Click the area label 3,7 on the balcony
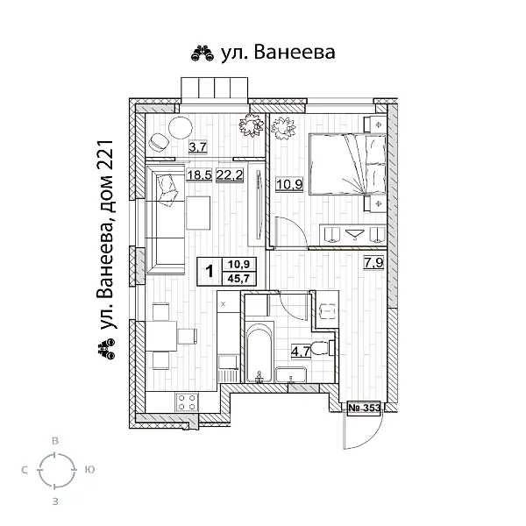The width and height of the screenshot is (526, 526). [x=197, y=147]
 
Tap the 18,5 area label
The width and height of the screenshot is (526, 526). [x=199, y=174]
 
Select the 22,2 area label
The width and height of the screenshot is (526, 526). [x=229, y=174]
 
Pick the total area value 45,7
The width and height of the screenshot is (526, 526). [x=237, y=278]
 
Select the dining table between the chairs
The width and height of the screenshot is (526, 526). [x=160, y=337]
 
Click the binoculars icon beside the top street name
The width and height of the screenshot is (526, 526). [x=201, y=54]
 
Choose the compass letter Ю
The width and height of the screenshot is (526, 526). [x=89, y=471]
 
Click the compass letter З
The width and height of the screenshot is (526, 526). [x=55, y=502]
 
